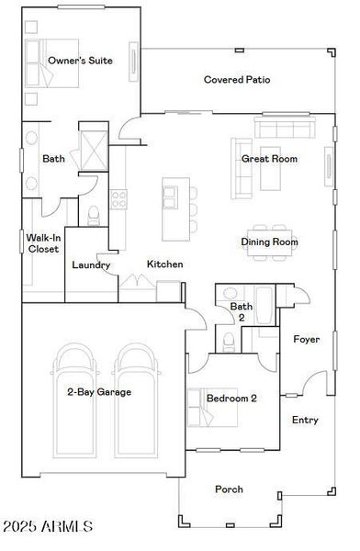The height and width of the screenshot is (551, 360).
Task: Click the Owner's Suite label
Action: pos(81,61)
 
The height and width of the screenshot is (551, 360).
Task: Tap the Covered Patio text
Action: pos(236,80)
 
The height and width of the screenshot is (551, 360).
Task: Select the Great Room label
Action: pos(269,159)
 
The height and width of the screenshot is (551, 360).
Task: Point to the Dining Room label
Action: pos(269,242)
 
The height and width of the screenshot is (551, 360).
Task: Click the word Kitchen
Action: pos(165,264)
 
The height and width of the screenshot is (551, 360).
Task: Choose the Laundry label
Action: pos(92,265)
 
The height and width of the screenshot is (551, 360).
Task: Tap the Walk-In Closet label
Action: pos(43,242)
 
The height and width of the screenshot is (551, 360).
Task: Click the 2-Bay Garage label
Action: pos(98,392)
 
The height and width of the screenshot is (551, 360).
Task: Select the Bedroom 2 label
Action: pos(231,399)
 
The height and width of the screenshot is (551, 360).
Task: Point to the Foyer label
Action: pos(306,340)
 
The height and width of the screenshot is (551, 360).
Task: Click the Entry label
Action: pos(305,420)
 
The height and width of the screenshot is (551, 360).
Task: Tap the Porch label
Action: pos(229,489)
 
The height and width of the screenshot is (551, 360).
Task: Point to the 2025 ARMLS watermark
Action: pos(49,526)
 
